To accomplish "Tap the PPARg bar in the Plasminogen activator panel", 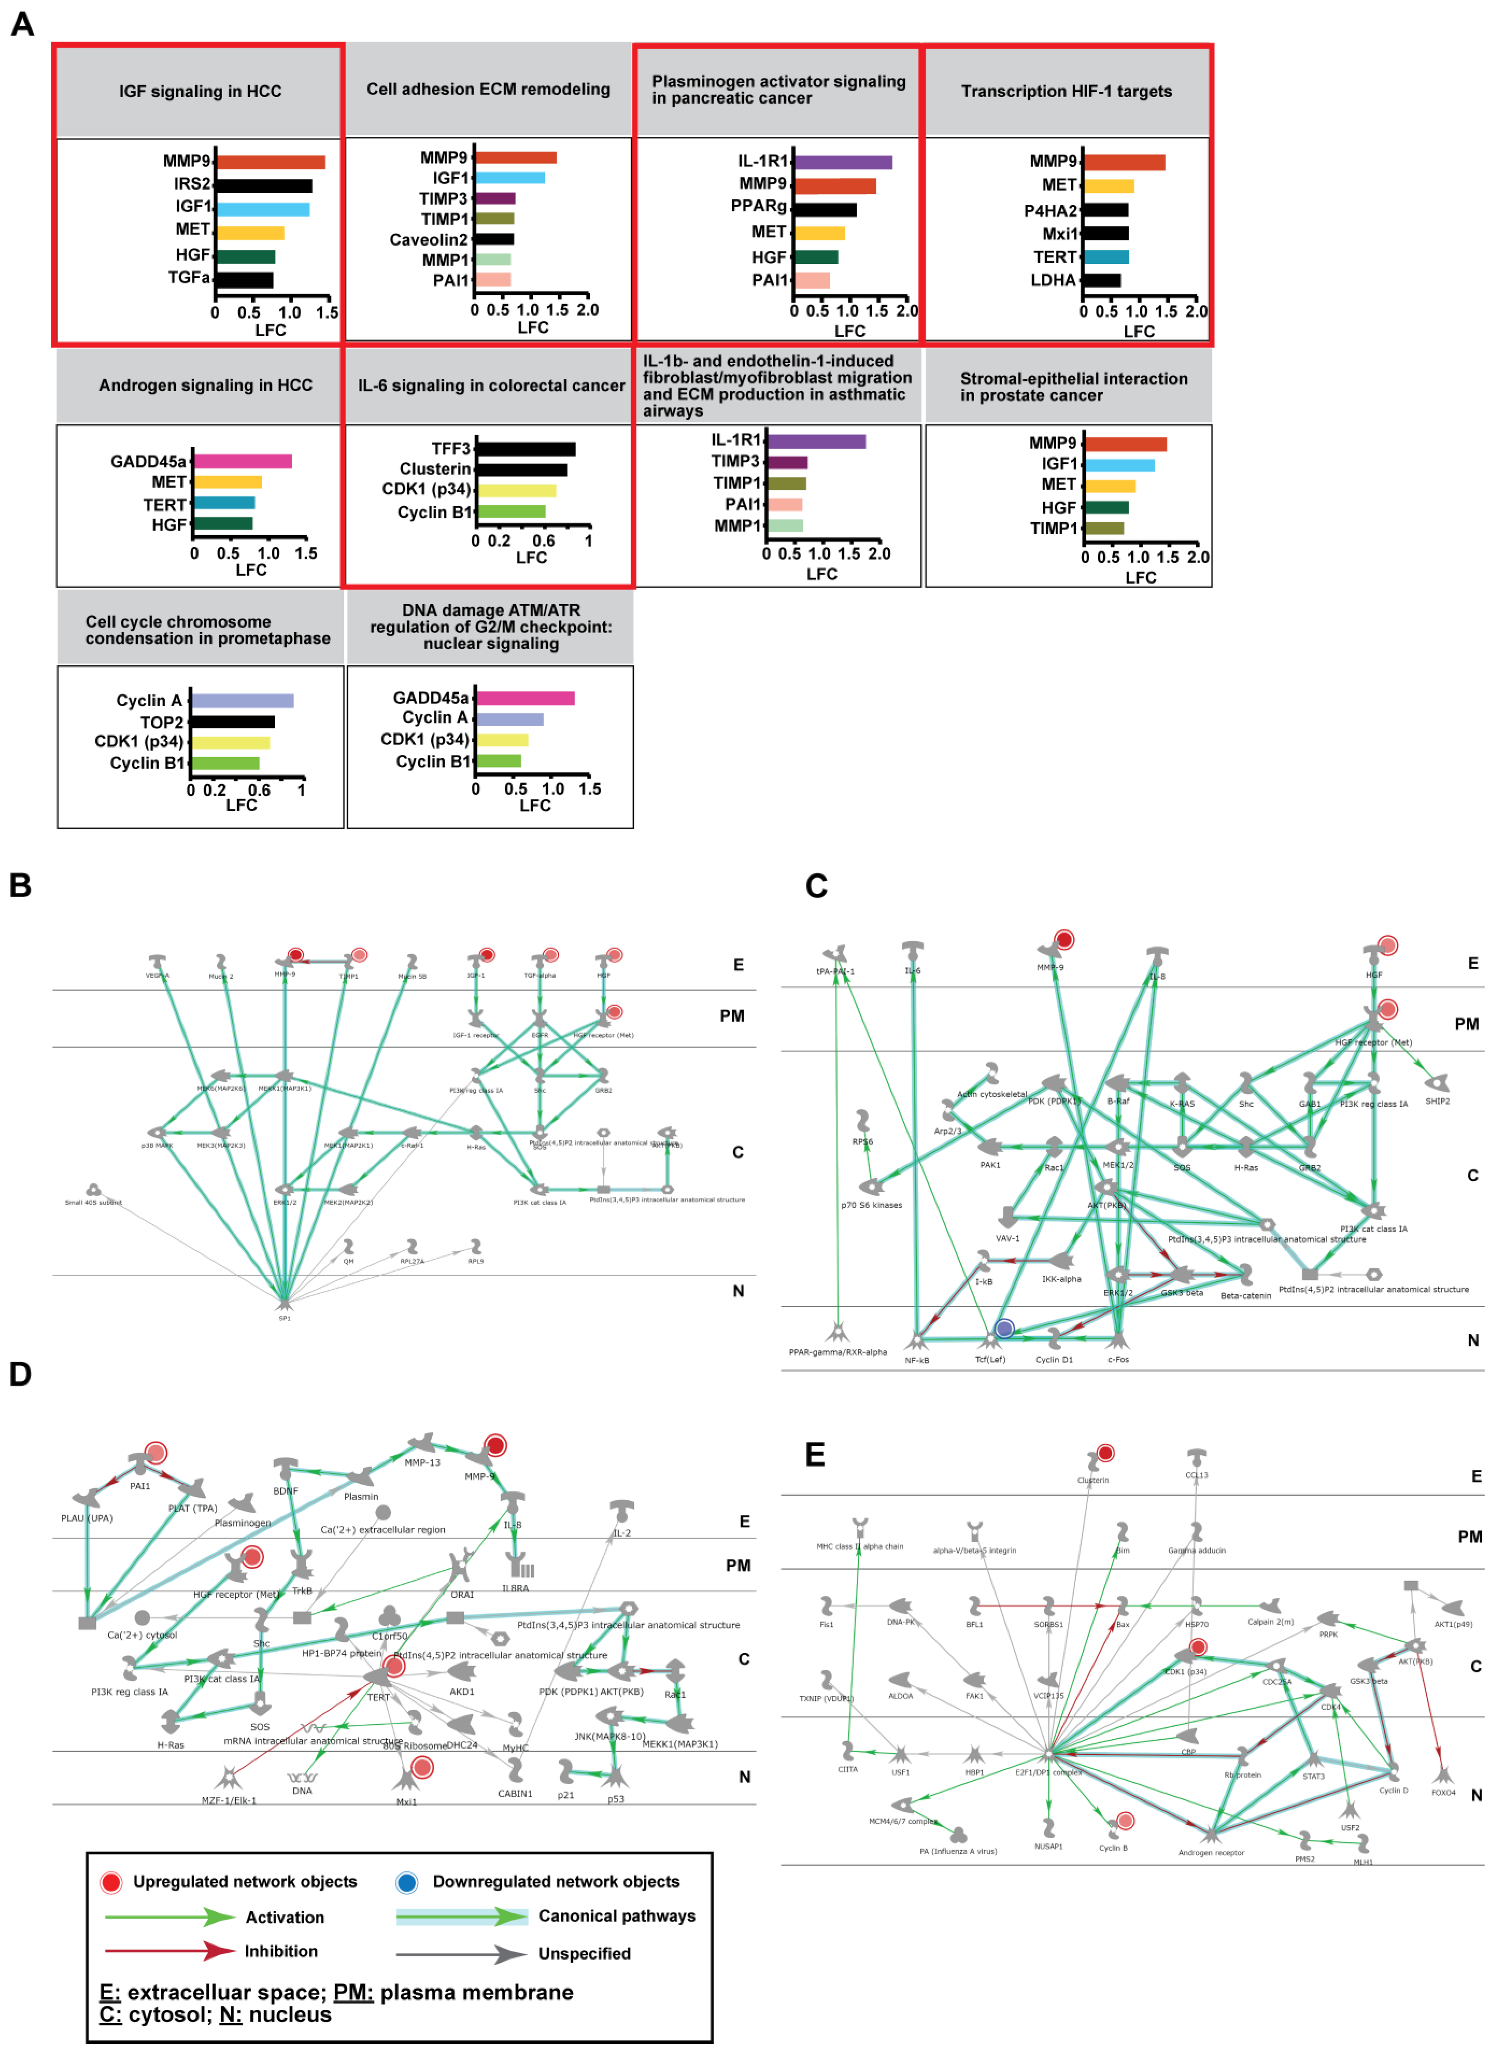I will click(825, 210).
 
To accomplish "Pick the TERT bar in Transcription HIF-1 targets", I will click(1105, 257).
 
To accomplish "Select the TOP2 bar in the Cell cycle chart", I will click(232, 722).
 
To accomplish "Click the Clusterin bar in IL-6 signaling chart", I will click(521, 470).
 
